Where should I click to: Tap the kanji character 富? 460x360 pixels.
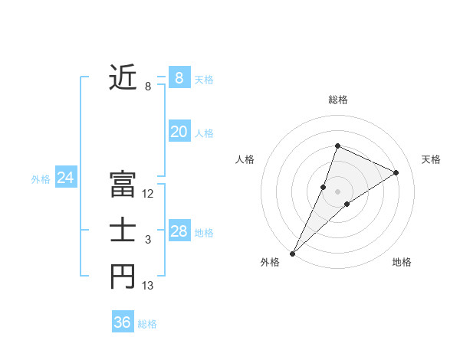(123, 185)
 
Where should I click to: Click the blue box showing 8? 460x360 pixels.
(179, 77)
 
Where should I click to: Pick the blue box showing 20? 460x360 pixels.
(179, 132)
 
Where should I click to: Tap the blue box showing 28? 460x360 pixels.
(179, 231)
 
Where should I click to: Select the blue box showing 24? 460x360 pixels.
(65, 178)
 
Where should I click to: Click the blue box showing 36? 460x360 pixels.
(122, 322)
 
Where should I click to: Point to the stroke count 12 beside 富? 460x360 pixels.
(148, 195)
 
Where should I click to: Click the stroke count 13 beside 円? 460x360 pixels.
(148, 286)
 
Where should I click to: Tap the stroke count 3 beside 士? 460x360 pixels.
(148, 241)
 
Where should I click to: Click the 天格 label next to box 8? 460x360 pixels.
(204, 79)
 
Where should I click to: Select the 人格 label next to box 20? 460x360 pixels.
(204, 133)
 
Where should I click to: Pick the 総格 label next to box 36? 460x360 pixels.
(147, 324)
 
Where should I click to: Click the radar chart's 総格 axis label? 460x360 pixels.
(338, 100)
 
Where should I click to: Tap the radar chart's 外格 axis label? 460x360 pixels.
(270, 262)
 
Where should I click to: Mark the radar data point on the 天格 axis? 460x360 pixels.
(396, 172)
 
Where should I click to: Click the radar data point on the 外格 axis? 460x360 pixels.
(292, 254)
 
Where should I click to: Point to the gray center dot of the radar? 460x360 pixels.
(338, 191)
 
